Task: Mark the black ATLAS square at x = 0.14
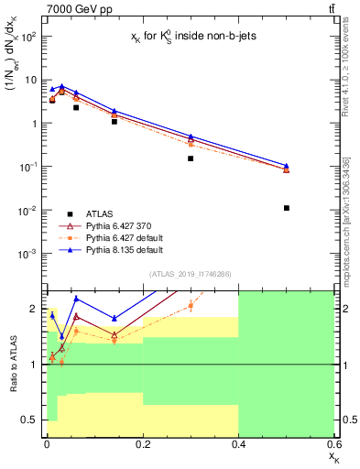point(114,121)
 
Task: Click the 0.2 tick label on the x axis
point(142,444)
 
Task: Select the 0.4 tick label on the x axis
point(238,444)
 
